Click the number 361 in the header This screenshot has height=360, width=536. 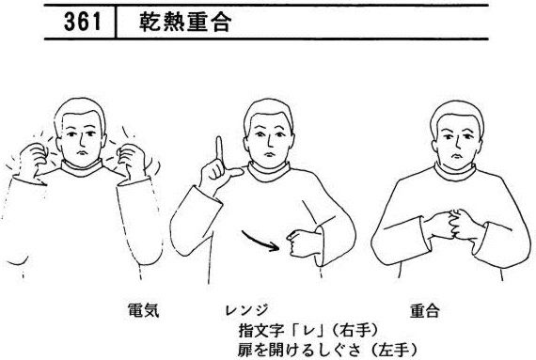pyautogui.click(x=83, y=22)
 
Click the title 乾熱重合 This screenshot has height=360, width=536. pyautogui.click(x=185, y=22)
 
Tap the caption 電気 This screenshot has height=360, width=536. pyautogui.click(x=143, y=310)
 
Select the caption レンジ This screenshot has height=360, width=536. pyautogui.click(x=246, y=310)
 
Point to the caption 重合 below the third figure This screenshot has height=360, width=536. pyautogui.click(x=425, y=311)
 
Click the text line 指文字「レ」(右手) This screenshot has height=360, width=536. pyautogui.click(x=309, y=330)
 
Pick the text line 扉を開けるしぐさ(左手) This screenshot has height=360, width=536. pyautogui.click(x=327, y=350)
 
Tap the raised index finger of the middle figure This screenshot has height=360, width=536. pyautogui.click(x=219, y=149)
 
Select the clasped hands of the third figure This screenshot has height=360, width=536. pyautogui.click(x=453, y=225)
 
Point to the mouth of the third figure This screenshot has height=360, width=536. pyautogui.click(x=456, y=156)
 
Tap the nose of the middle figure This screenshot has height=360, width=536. pyautogui.click(x=269, y=141)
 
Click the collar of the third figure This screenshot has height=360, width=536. pyautogui.click(x=455, y=173)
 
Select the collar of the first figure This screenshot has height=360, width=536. pyautogui.click(x=82, y=168)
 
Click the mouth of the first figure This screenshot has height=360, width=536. pyautogui.click(x=81, y=152)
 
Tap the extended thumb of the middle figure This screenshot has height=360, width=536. pyautogui.click(x=235, y=173)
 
